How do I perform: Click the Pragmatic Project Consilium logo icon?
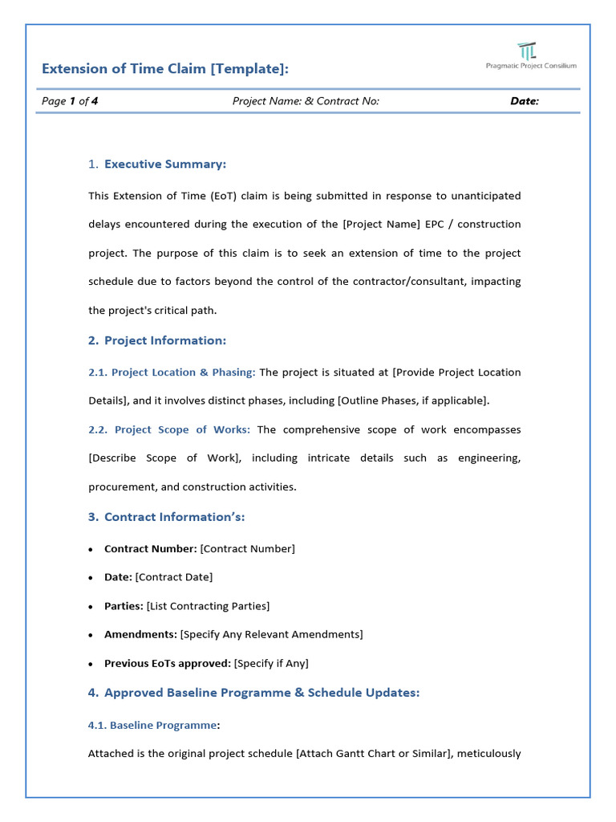[x=527, y=51]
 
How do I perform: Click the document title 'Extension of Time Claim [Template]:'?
[x=165, y=69]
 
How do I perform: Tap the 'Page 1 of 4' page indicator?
[x=70, y=101]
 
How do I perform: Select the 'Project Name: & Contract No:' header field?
[x=306, y=101]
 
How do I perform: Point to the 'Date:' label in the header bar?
[x=525, y=101]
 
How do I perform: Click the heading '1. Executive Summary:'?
[x=157, y=164]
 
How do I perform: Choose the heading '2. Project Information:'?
[x=157, y=340]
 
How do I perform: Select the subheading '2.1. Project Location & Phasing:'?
[x=172, y=372]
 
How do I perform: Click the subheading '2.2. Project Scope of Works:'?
[x=169, y=429]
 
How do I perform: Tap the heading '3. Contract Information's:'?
[x=167, y=517]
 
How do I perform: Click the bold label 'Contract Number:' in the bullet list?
[x=151, y=549]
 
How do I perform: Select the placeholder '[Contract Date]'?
[x=174, y=577]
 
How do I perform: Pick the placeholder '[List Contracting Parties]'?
[x=209, y=606]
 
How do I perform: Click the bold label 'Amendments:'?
[x=140, y=634]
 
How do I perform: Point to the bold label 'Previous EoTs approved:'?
[x=168, y=663]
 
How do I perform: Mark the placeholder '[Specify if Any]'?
[x=271, y=663]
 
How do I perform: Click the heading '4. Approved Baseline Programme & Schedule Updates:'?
[x=253, y=693]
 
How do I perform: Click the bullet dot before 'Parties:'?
[x=91, y=607]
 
